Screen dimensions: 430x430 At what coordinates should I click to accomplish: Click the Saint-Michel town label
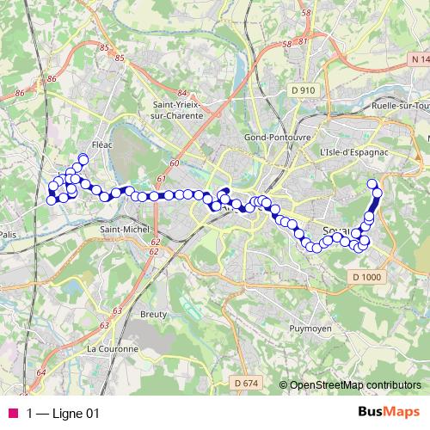click(x=124, y=230)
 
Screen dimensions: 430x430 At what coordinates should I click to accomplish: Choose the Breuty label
click(x=153, y=315)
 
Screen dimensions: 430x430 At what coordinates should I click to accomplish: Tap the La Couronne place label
click(x=112, y=349)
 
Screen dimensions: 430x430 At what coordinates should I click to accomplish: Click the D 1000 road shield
click(x=365, y=275)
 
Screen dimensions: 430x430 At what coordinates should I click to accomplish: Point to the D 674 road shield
click(x=245, y=382)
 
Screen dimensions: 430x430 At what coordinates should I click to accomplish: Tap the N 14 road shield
click(x=420, y=59)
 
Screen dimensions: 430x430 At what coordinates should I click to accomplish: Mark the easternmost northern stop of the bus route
click(x=372, y=183)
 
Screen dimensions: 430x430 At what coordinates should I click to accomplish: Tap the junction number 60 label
click(x=175, y=163)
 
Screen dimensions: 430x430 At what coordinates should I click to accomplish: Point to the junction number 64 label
click(x=41, y=372)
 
